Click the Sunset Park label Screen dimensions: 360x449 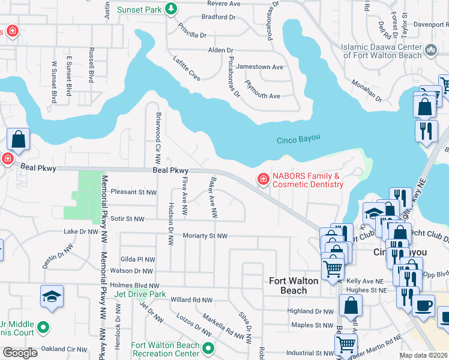139,10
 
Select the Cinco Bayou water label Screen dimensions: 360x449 298,140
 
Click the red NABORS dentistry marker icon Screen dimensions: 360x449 262,179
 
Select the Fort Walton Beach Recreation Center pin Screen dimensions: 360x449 208,348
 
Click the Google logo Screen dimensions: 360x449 20,353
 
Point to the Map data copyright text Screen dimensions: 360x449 423,355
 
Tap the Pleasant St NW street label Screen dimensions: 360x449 133,193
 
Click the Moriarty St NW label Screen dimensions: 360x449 205,236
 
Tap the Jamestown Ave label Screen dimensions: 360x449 260,67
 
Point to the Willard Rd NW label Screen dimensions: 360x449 191,299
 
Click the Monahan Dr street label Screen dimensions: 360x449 367,91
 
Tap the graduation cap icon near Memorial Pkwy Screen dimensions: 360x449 52,296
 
